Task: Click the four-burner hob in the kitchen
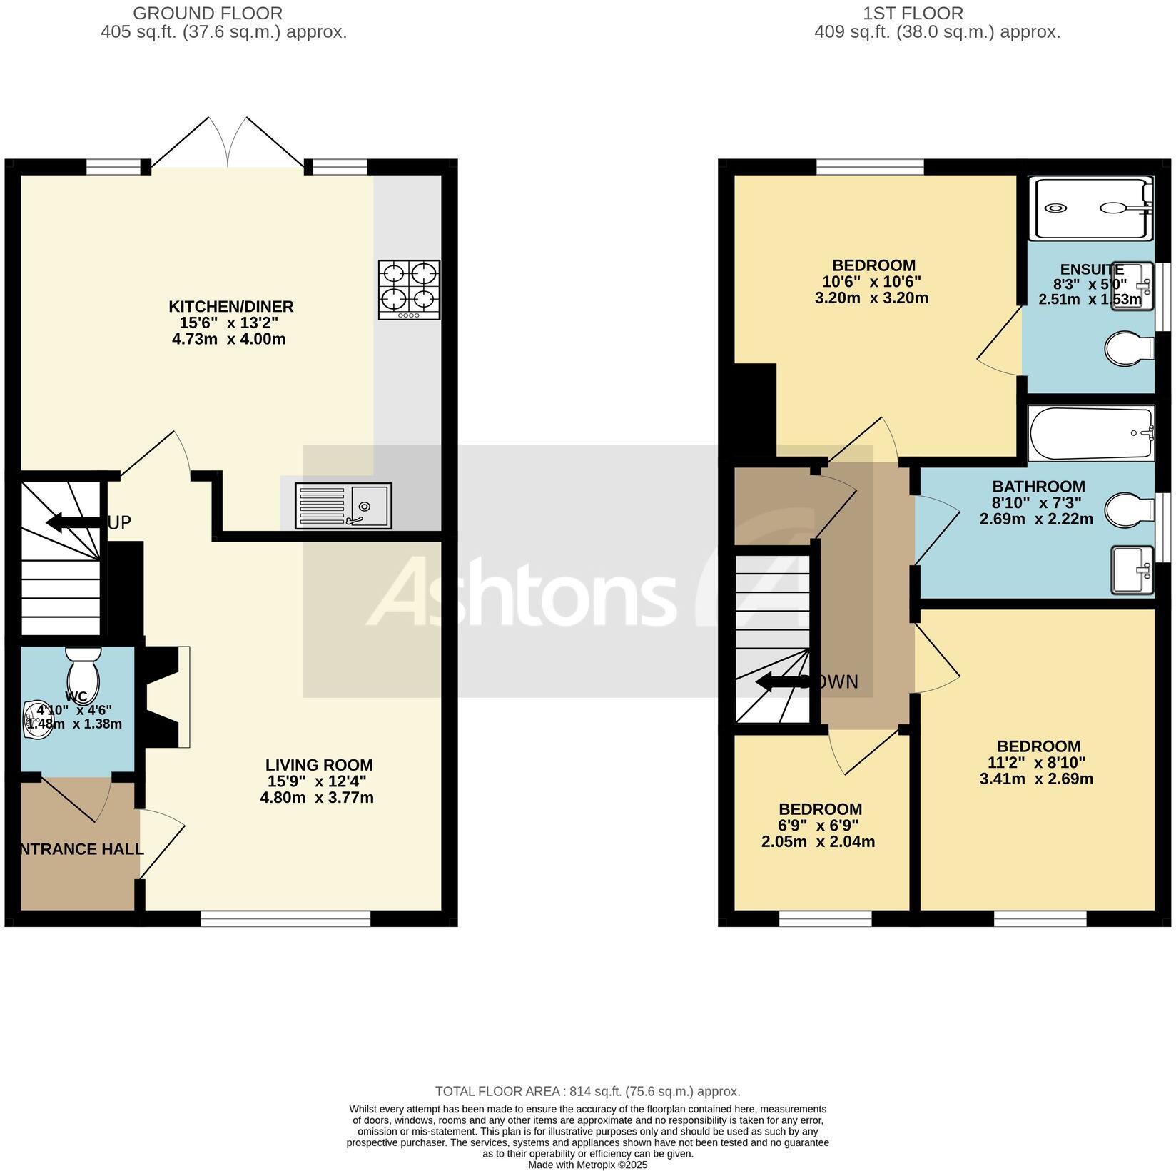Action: (x=410, y=290)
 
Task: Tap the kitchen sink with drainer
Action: (x=343, y=506)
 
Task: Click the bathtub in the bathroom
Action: (x=1090, y=434)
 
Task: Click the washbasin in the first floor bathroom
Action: (x=1132, y=569)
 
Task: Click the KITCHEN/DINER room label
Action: (x=230, y=307)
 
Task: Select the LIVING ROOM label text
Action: (x=319, y=765)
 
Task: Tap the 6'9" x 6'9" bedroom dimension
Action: (x=820, y=826)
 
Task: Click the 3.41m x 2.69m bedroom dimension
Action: (x=1036, y=779)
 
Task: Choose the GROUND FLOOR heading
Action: (x=208, y=13)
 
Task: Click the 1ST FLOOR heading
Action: (x=913, y=13)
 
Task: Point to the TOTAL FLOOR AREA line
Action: (x=587, y=1091)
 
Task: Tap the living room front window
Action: (x=285, y=918)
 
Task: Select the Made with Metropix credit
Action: (x=587, y=1165)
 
